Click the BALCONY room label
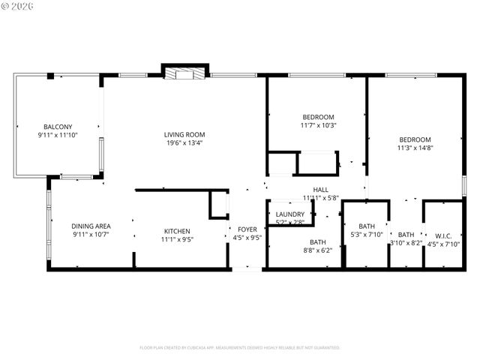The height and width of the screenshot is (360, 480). pyautogui.click(x=58, y=127)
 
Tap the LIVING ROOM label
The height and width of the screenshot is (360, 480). pyautogui.click(x=184, y=135)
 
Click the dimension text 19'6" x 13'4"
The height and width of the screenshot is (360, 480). pyautogui.click(x=184, y=143)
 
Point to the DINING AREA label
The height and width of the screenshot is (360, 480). pyautogui.click(x=91, y=226)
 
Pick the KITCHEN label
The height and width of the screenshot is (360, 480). pyautogui.click(x=177, y=231)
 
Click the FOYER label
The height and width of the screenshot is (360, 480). pyautogui.click(x=247, y=229)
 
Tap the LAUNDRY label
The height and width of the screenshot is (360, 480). pyautogui.click(x=290, y=214)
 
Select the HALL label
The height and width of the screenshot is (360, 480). pyautogui.click(x=321, y=190)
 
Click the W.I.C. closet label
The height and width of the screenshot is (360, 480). pyautogui.click(x=442, y=235)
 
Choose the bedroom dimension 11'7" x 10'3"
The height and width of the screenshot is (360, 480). pyautogui.click(x=318, y=125)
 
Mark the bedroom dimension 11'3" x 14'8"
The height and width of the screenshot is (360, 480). pyautogui.click(x=415, y=148)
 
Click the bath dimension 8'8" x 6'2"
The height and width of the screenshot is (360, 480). pyautogui.click(x=318, y=250)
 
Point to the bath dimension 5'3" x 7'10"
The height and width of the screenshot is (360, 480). pyautogui.click(x=367, y=235)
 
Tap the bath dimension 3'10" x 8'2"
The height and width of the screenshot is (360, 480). pyautogui.click(x=406, y=243)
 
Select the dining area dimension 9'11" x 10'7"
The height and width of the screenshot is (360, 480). pyautogui.click(x=91, y=235)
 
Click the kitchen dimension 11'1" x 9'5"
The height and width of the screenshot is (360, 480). pyautogui.click(x=177, y=239)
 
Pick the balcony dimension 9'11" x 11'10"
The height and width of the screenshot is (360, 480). pyautogui.click(x=58, y=135)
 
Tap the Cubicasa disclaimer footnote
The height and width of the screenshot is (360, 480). pyautogui.click(x=240, y=348)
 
